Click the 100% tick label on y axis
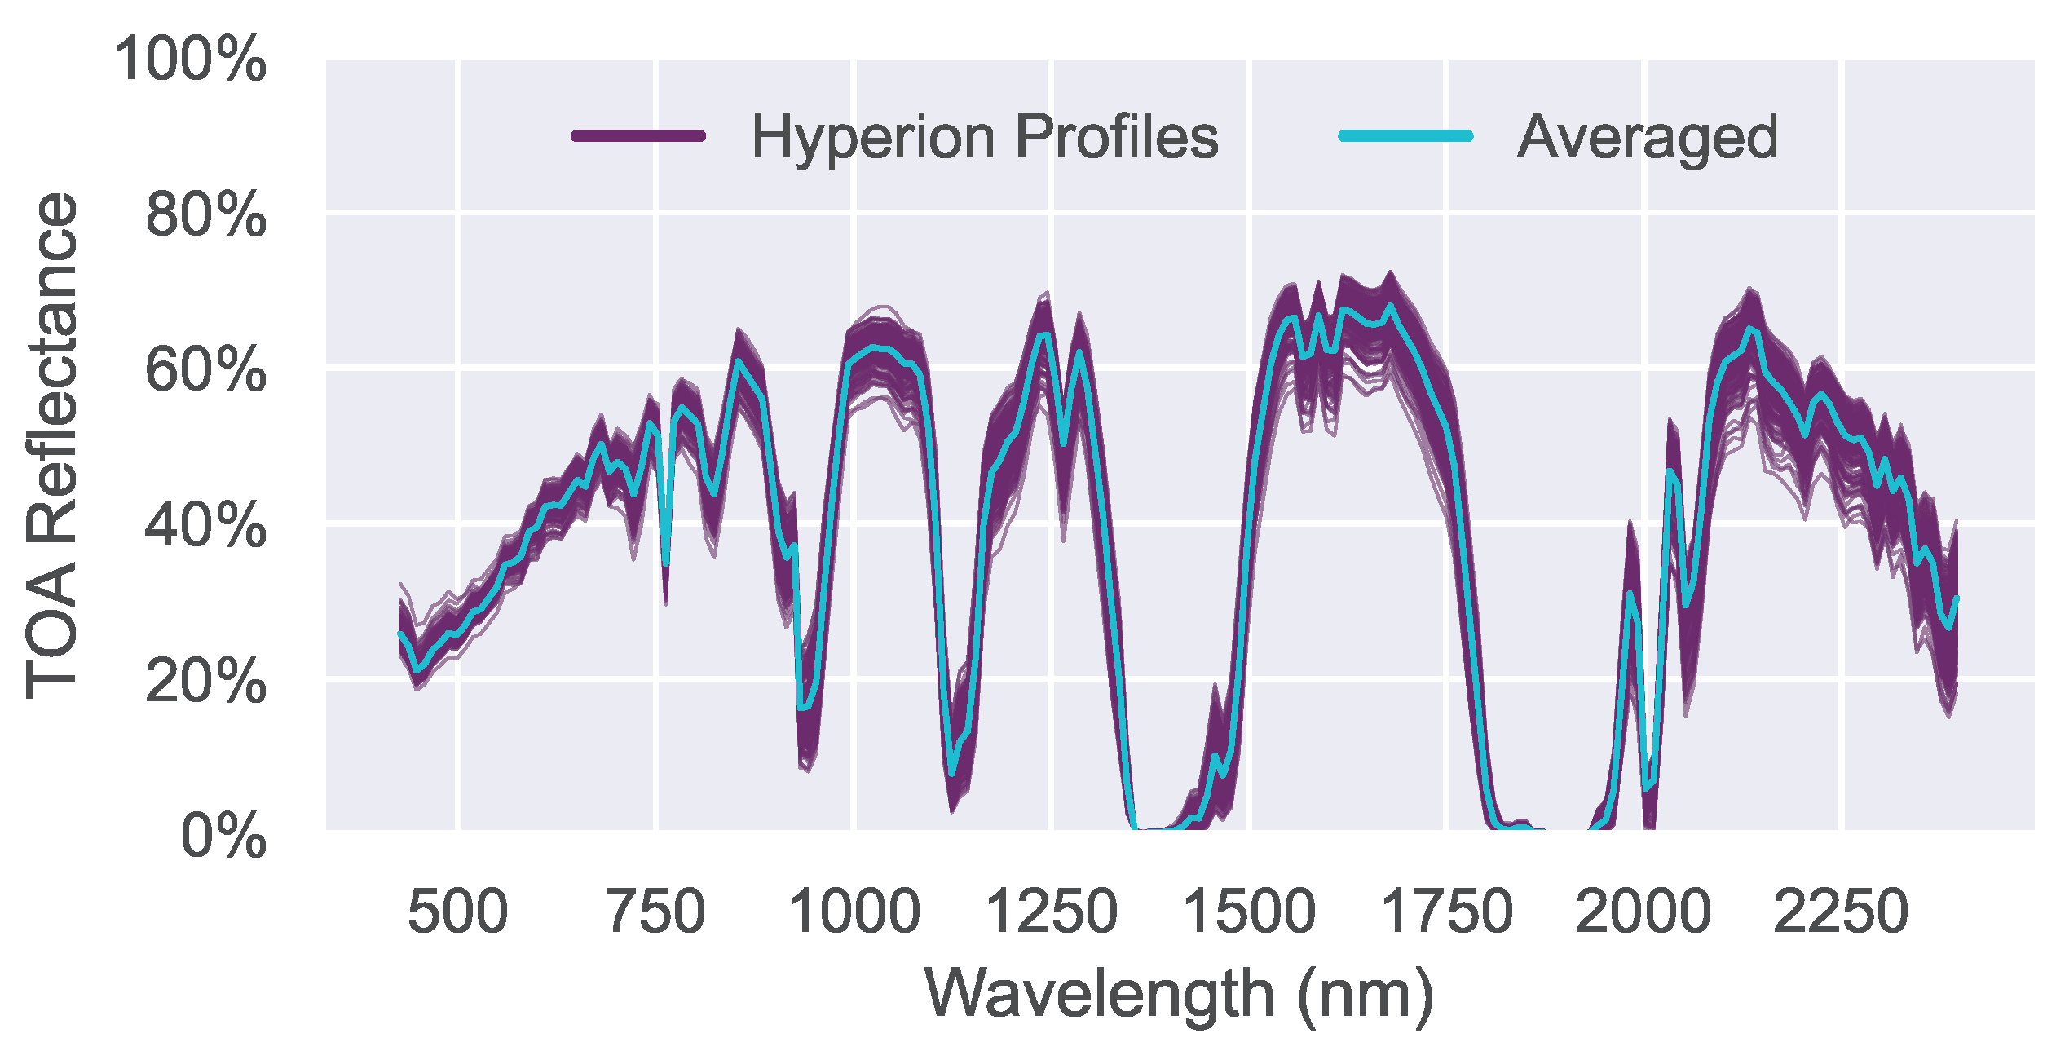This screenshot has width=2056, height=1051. [x=191, y=60]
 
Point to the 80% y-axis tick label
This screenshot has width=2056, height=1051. [x=205, y=215]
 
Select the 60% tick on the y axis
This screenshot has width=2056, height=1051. [x=205, y=370]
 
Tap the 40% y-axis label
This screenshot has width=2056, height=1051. [x=205, y=525]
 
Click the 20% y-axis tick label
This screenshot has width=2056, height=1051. [x=205, y=680]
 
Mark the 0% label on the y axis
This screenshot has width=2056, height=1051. [x=223, y=836]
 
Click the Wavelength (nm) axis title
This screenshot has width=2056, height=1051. [x=1179, y=995]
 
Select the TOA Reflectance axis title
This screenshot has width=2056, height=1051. [x=52, y=445]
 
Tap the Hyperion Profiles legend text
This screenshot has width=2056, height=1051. [x=985, y=137]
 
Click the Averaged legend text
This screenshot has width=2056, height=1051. [x=1647, y=137]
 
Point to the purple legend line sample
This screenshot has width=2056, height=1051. [x=638, y=136]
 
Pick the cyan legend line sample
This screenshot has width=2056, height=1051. [x=1406, y=136]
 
